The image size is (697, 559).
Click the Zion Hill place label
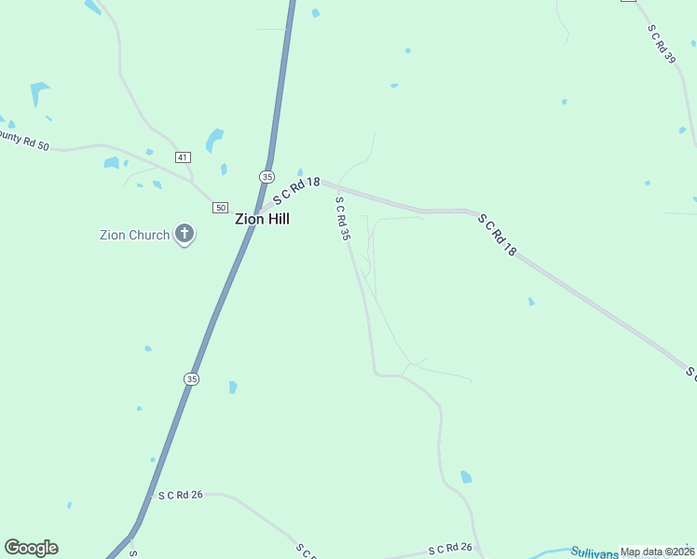click(x=262, y=219)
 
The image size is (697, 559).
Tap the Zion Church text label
click(x=135, y=235)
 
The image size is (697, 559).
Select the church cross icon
click(x=184, y=234)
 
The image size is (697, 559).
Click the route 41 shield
click(x=183, y=157)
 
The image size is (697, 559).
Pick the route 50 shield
click(x=220, y=207)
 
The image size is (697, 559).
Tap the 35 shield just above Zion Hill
click(x=267, y=176)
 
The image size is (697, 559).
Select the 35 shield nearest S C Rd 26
click(x=191, y=378)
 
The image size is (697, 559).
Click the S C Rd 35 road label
click(x=343, y=220)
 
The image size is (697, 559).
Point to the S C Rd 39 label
click(x=662, y=43)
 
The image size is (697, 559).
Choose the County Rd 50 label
click(x=23, y=141)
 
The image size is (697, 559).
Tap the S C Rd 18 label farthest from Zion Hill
click(x=497, y=236)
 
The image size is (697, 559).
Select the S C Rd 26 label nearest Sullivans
click(x=450, y=548)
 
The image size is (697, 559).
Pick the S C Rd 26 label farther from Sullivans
click(x=180, y=495)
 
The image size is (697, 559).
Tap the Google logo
click(x=31, y=548)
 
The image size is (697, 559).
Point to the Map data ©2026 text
click(x=657, y=552)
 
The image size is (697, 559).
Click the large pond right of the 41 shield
click(x=215, y=140)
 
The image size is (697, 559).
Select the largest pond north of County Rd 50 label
click(x=39, y=92)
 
